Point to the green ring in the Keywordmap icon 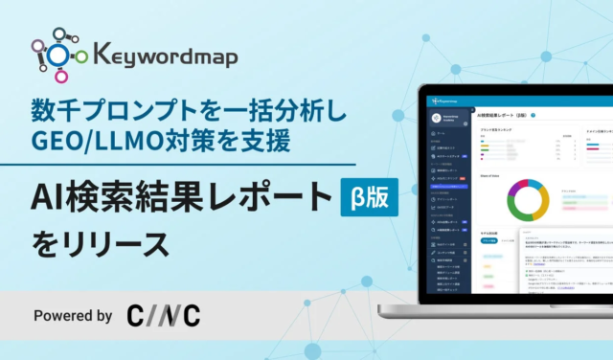[x=81, y=56]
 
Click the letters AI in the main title [x=51, y=197]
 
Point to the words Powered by [x=73, y=314]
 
